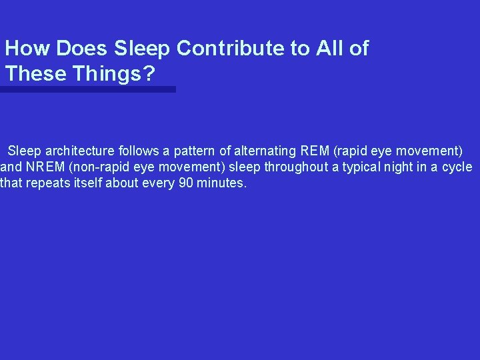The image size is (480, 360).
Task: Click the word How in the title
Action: [28, 49]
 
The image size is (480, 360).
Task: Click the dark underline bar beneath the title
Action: [88, 89]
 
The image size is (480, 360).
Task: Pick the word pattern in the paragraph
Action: [193, 151]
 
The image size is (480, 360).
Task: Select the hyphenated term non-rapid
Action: [95, 167]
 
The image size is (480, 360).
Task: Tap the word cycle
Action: [457, 167]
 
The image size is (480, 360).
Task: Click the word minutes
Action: [221, 183]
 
